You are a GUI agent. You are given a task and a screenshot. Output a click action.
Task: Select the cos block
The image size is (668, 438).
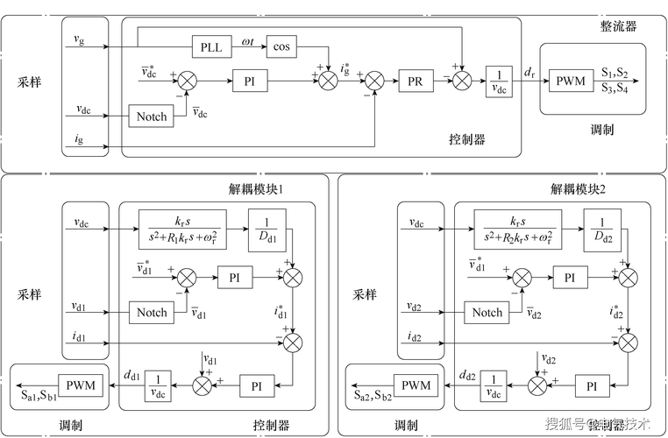[281, 46]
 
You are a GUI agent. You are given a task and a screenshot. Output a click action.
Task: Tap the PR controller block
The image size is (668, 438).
[416, 81]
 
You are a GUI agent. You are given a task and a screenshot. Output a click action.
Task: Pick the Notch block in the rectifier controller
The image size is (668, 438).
[152, 116]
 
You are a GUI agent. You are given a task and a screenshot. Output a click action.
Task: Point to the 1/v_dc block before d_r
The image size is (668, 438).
[500, 81]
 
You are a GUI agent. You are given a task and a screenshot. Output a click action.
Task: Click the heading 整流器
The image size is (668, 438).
[618, 26]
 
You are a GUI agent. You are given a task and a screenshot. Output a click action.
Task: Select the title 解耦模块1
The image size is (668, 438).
[249, 190]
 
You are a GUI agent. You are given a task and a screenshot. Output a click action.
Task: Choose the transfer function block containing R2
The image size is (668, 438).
[516, 230]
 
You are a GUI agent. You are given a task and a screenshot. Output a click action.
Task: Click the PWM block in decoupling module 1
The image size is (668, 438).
[80, 385]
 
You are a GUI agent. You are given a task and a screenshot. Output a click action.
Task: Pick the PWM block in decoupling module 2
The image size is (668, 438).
[416, 385]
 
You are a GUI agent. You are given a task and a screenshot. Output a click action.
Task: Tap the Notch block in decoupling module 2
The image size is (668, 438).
[487, 312]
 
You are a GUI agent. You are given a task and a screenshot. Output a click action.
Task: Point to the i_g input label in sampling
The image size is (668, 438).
[79, 138]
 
